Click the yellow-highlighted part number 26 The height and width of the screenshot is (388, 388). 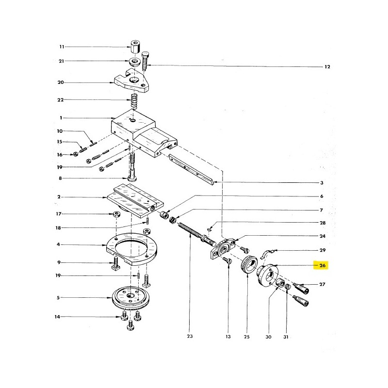coord(322,265)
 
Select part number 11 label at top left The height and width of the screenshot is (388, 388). coord(62,47)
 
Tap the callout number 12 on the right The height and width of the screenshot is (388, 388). coord(327,67)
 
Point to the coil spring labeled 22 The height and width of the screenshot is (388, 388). coord(134,101)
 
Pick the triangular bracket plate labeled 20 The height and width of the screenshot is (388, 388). coord(131,81)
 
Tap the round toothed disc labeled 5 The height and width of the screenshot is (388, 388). coord(130,298)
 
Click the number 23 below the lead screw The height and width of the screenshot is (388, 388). coord(190,336)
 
